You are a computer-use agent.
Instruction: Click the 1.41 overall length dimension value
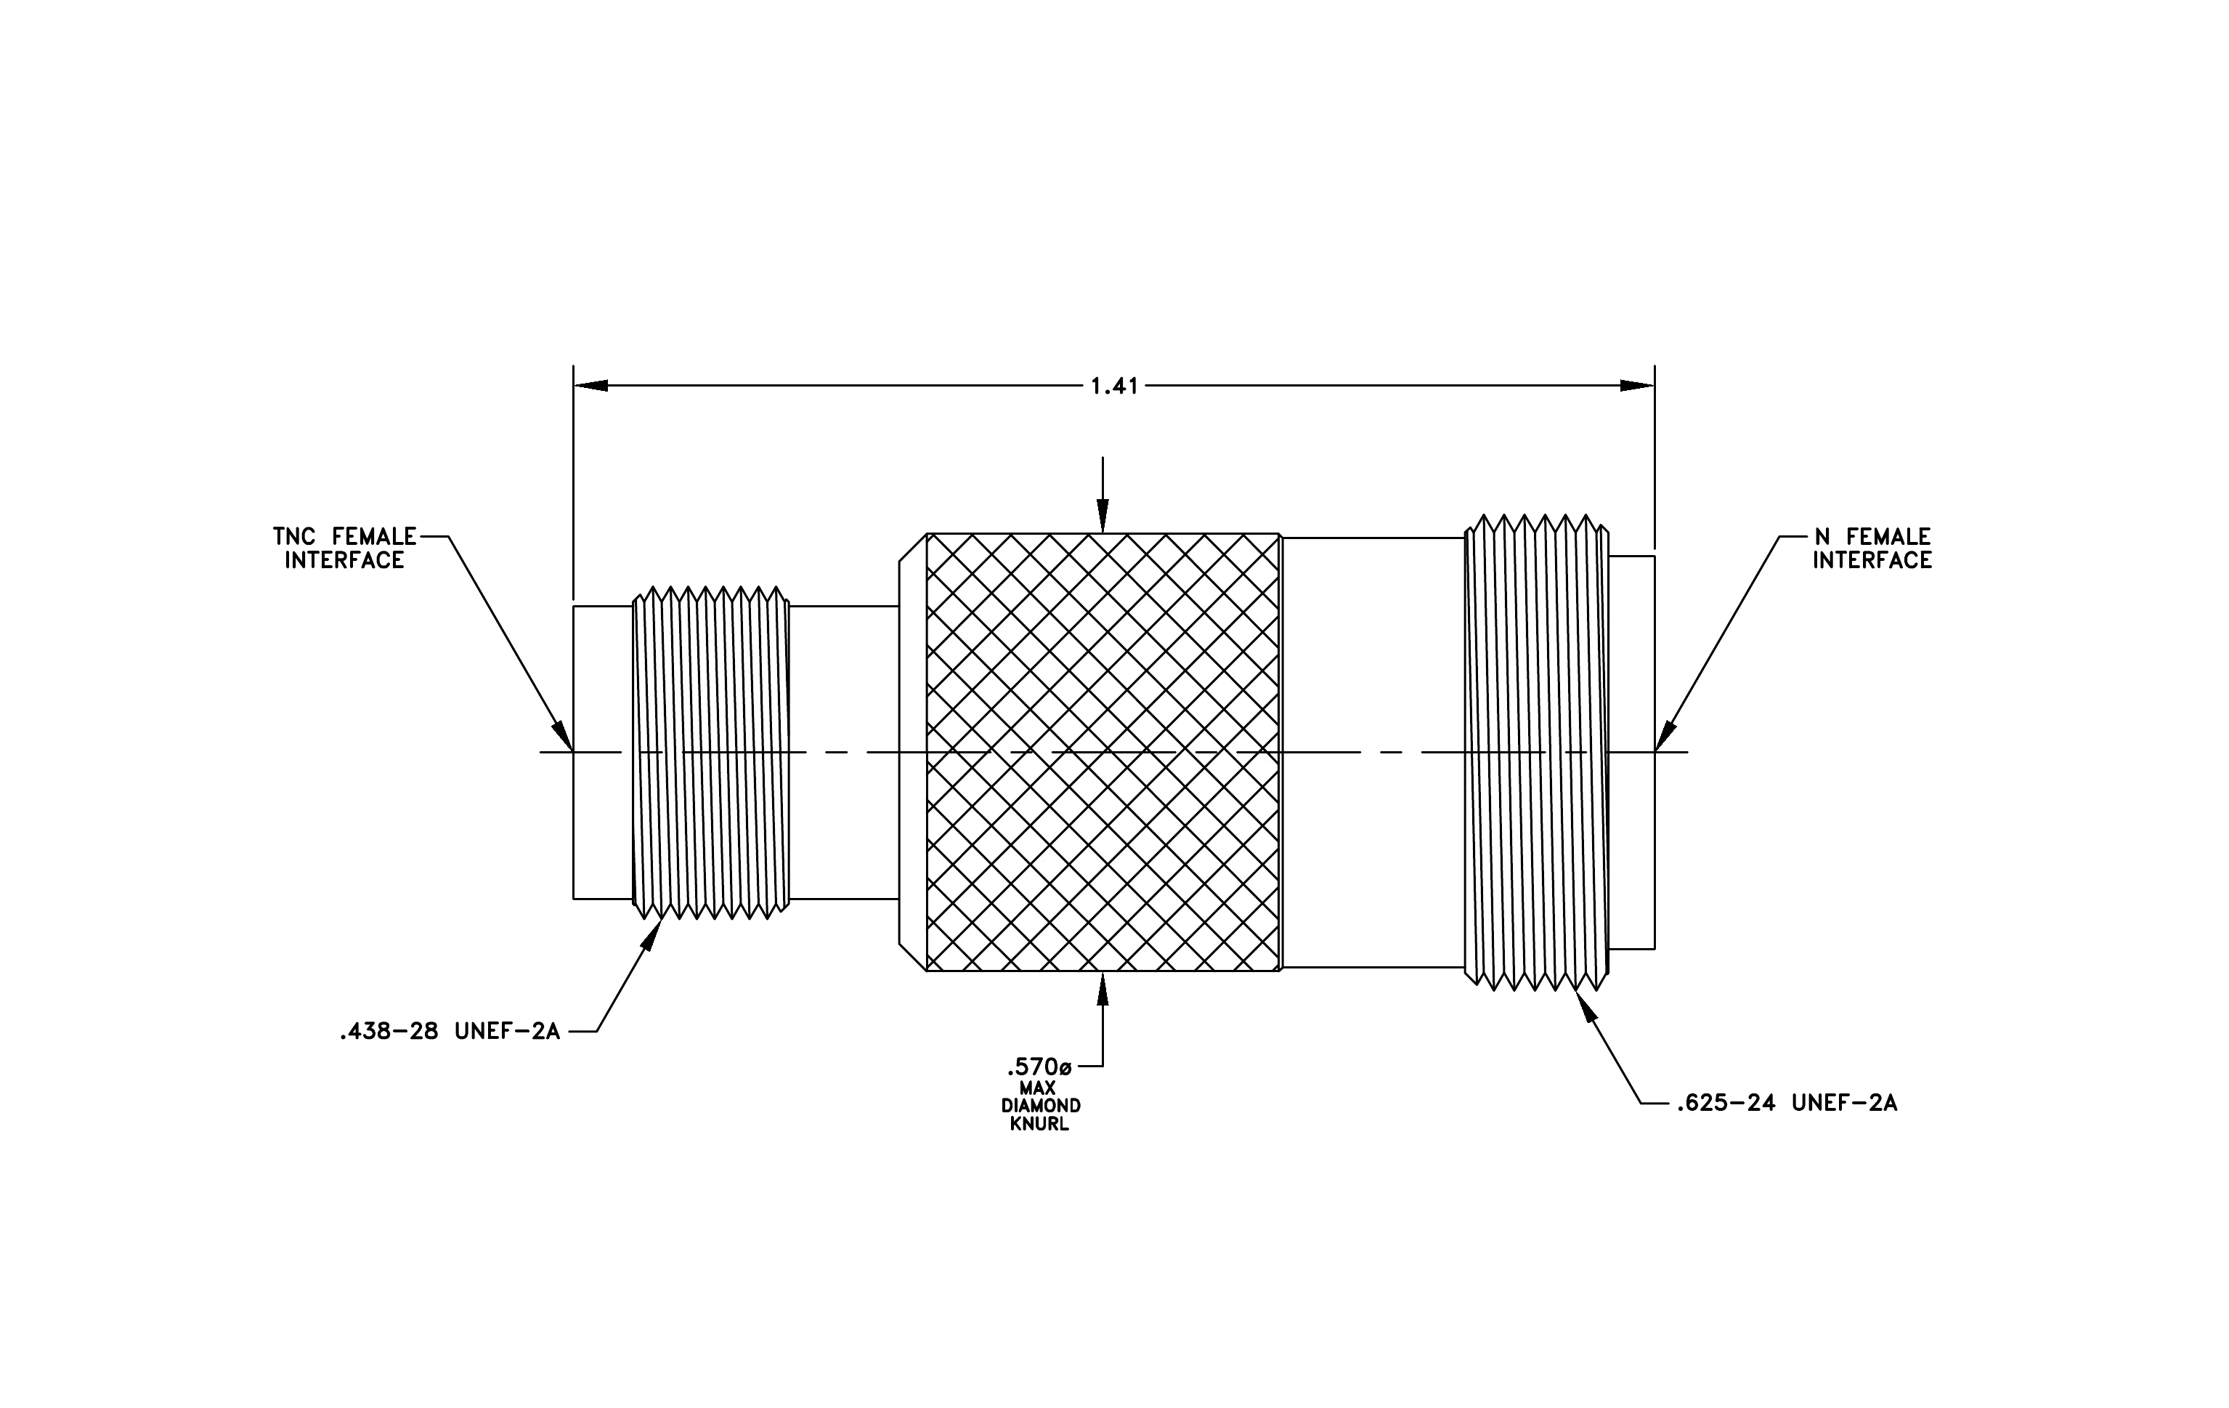[x=1114, y=386]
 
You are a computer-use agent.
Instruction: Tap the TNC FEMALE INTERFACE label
[x=344, y=548]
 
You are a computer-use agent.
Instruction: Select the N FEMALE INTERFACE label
[x=1872, y=548]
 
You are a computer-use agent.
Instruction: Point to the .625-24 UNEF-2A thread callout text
[x=1787, y=1103]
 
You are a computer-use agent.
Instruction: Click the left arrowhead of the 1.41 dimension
[x=590, y=385]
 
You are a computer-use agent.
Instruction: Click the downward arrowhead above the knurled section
[x=1102, y=516]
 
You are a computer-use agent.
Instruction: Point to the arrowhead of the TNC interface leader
[x=563, y=735]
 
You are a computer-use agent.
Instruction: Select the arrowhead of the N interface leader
[x=1665, y=735]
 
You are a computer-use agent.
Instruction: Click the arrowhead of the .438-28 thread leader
[x=651, y=934]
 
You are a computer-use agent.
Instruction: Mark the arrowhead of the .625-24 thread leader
[x=1588, y=1006]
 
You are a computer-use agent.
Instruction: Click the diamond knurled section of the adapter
[x=1103, y=752]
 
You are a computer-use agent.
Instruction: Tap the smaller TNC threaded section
[x=711, y=753]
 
